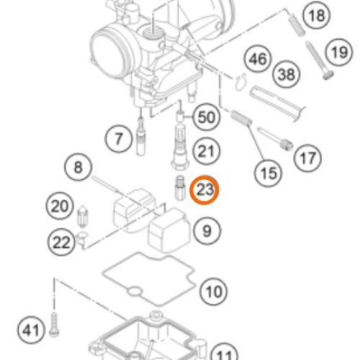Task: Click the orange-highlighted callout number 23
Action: coord(204,189)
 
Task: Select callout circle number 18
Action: coord(317,16)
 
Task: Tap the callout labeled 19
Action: coord(339,53)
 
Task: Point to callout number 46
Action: coord(258,59)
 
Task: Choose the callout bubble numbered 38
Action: coord(287,74)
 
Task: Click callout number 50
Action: coord(207,117)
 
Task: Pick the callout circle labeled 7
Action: coord(119,139)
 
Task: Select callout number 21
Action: coord(207,151)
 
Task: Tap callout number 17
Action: coord(307,158)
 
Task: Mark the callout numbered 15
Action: coord(269,173)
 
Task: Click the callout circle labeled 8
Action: coord(78,167)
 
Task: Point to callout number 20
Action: coord(60,206)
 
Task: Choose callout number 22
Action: coord(61,242)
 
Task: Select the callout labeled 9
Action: coord(207,231)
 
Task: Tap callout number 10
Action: coord(214,292)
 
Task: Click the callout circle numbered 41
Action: coord(31,330)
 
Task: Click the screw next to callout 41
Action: coord(54,325)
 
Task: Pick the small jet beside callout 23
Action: coord(180,188)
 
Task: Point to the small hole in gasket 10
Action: coord(135,292)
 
